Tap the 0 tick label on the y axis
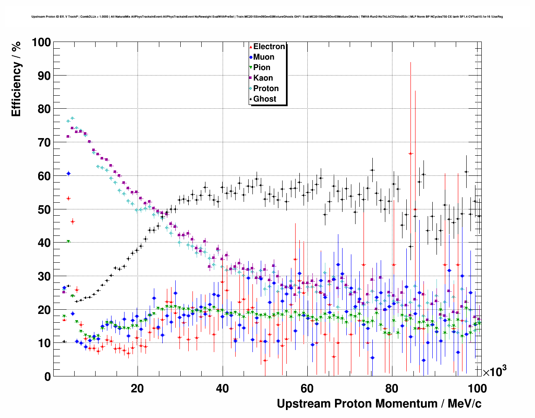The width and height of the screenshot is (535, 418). (x=47, y=377)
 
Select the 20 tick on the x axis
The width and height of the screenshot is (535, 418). (x=137, y=388)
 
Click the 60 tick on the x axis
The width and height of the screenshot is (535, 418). (x=307, y=388)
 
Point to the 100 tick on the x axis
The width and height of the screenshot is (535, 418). (x=477, y=388)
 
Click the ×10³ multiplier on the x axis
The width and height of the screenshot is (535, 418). (x=494, y=371)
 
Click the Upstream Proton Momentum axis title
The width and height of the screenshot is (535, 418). (x=379, y=404)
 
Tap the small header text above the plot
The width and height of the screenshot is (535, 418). (x=267, y=17)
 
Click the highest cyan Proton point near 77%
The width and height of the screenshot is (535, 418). (x=72, y=118)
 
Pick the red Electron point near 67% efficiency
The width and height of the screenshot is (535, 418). (x=411, y=154)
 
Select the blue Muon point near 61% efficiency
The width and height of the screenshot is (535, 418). (x=68, y=173)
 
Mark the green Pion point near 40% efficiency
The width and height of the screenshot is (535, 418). (x=68, y=242)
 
